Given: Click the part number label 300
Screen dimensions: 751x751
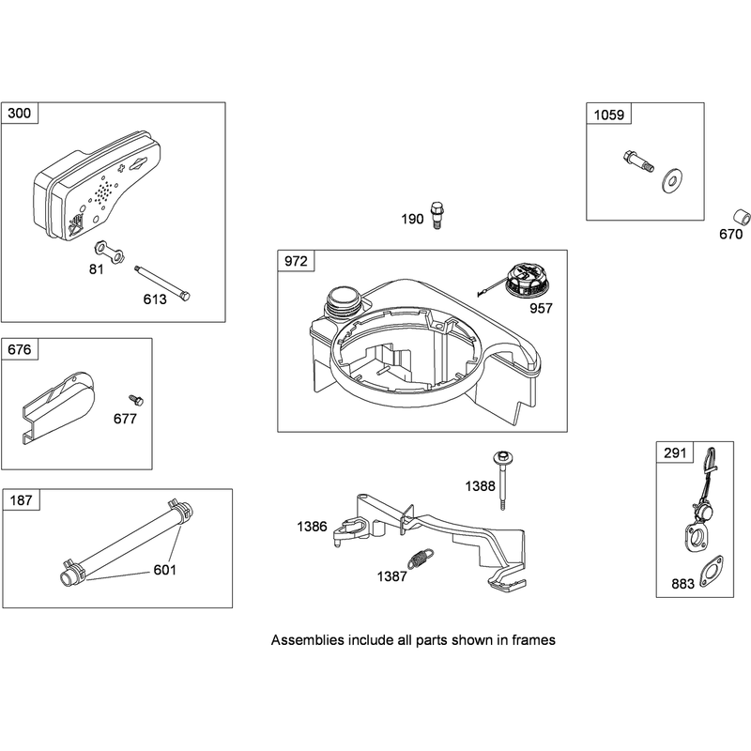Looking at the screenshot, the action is coord(20,114).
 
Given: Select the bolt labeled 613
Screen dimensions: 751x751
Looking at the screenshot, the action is coord(161,284).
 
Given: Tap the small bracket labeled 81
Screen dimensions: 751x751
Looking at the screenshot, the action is coord(110,252).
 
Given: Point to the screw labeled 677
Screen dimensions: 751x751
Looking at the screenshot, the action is coord(136,400).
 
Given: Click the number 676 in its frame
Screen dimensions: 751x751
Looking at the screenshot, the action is coord(19,349).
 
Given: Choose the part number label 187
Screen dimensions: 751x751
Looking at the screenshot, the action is coord(21,500).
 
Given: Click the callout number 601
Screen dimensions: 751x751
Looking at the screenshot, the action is coord(165,570).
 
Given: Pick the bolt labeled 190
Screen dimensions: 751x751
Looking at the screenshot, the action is coord(436,215).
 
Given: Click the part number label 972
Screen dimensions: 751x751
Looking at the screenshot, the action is coord(296,261).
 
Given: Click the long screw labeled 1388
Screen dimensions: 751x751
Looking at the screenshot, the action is coord(502,480).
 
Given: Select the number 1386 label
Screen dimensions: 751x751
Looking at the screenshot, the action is coord(312,527).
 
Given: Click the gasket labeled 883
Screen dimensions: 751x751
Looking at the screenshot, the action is coord(712,572).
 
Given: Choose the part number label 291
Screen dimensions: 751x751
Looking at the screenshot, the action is coord(675,452).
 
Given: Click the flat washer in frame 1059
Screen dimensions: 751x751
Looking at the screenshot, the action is coord(671,180).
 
